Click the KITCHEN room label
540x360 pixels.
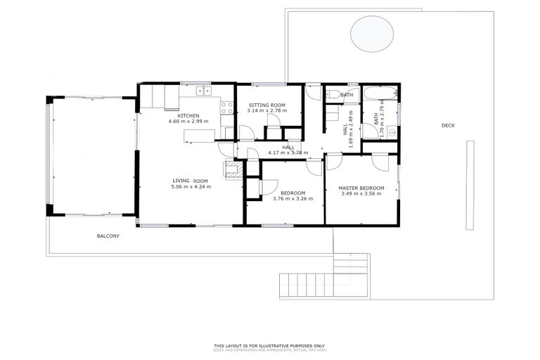(x=188, y=115)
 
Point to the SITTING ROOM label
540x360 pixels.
(x=266, y=105)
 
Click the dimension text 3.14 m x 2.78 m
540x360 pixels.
(x=266, y=111)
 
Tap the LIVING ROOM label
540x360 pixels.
(x=191, y=181)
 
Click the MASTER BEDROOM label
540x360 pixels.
(x=361, y=188)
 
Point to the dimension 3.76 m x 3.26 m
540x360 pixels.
(x=292, y=198)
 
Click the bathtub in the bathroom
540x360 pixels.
(x=380, y=94)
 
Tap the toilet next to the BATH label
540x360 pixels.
(x=332, y=94)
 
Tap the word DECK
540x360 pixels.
(x=448, y=126)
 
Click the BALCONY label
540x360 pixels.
(x=108, y=236)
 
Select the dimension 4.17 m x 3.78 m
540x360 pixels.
(x=288, y=153)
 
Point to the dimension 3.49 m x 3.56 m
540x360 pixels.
(x=361, y=193)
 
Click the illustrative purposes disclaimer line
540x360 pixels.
(x=270, y=345)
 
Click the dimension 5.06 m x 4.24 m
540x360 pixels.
(x=191, y=186)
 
